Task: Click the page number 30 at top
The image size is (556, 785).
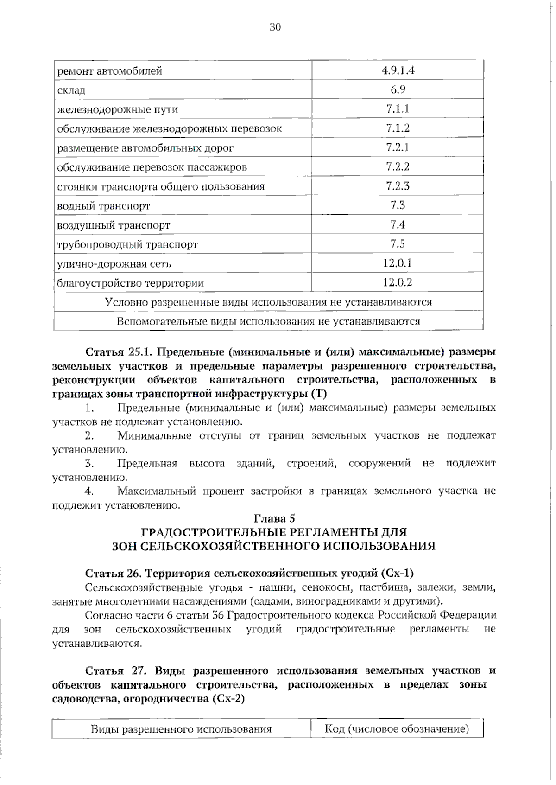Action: point(275,27)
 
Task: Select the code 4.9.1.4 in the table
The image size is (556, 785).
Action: point(398,70)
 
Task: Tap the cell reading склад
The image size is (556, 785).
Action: point(71,90)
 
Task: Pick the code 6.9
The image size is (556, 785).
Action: point(398,89)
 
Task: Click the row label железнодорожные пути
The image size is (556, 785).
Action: point(117,110)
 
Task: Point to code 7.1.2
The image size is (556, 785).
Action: point(398,128)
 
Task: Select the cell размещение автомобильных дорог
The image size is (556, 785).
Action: point(145,148)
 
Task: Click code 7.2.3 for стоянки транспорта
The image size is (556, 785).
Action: point(398,186)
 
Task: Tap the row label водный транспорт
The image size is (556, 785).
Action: point(103,206)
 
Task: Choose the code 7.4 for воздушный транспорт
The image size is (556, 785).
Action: point(398,225)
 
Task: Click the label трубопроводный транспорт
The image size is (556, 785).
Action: point(127,244)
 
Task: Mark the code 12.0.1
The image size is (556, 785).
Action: point(398,263)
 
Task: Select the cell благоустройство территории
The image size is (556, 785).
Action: point(130,283)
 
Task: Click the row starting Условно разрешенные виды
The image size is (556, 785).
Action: point(268,302)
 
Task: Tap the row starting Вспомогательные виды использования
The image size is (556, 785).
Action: point(268,321)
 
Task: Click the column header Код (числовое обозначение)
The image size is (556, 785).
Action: point(397,729)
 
